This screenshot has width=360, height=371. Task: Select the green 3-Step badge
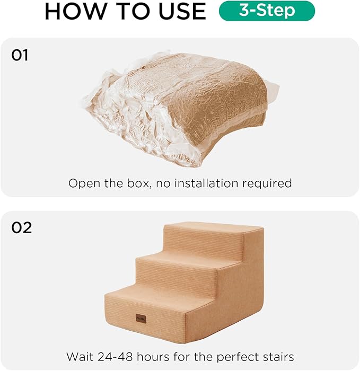pos(267,11)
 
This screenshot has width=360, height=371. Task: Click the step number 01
pos(20,55)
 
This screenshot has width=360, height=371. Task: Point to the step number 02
pos(22,228)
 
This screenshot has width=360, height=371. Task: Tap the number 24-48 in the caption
pos(113,356)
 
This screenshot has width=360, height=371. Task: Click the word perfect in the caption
pos(234,356)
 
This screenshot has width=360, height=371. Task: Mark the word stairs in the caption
pos(276,356)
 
